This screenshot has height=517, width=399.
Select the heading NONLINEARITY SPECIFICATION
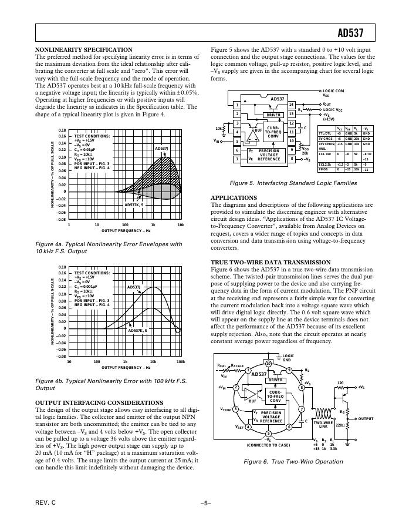tap(84, 50)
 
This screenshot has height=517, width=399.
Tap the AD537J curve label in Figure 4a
tap(162, 149)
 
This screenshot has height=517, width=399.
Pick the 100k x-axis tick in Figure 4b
tap(181, 361)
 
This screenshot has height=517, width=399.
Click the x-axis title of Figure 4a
tap(125, 231)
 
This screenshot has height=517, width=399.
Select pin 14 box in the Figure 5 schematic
tap(291, 105)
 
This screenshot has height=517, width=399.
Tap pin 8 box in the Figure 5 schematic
tap(291, 159)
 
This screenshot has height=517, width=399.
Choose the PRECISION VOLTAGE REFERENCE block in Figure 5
tap(269, 155)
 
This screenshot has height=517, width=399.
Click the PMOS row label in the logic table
tap(324, 170)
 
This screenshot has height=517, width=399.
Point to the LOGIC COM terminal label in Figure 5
tap(334, 91)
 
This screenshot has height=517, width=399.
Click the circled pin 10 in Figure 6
tap(269, 363)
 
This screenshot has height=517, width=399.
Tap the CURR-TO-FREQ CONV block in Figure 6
tap(275, 396)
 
